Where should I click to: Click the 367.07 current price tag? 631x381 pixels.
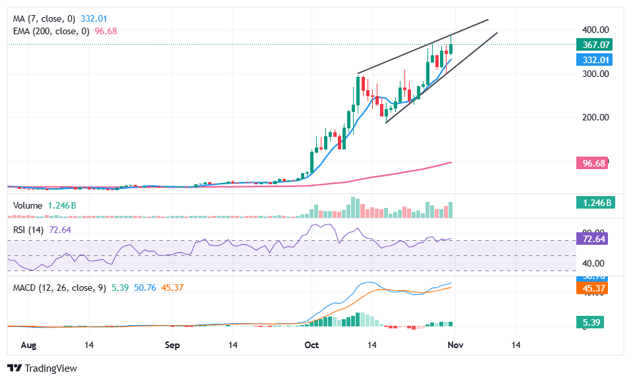[595, 45]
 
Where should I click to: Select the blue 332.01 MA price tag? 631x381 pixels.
[595, 60]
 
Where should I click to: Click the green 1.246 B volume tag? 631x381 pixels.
[595, 203]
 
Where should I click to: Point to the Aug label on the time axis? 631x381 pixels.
[28, 345]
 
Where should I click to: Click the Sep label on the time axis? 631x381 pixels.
[172, 345]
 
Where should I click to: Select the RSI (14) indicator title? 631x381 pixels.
[28, 230]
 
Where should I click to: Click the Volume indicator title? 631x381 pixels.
[28, 205]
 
